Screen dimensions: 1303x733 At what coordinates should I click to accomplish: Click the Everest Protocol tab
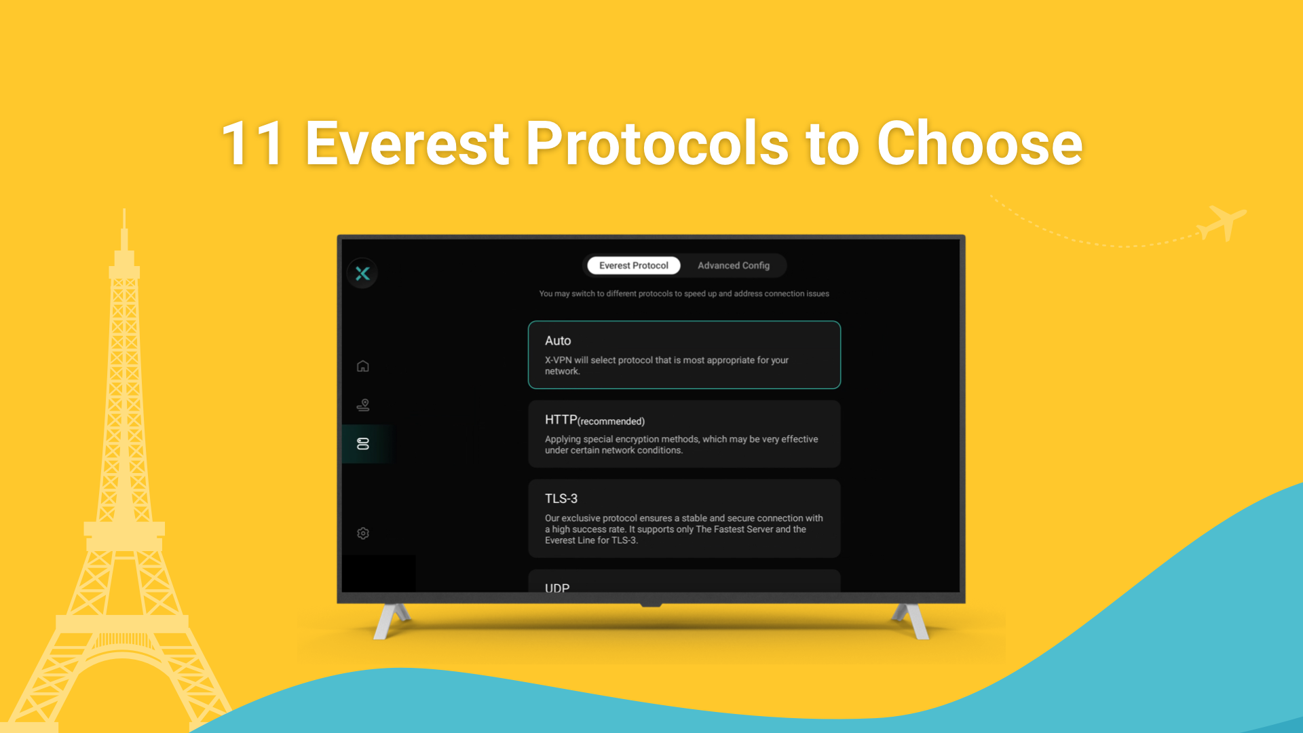(633, 265)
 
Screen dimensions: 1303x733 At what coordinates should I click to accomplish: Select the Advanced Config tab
(734, 265)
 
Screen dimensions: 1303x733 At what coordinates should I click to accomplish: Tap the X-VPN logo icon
(362, 274)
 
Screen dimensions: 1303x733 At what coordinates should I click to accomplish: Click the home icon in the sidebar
(363, 366)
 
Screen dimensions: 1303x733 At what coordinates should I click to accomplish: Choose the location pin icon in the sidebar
(363, 405)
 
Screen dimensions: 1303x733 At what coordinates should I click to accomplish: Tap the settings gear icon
(363, 533)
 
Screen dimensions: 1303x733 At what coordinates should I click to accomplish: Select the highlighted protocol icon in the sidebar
(363, 444)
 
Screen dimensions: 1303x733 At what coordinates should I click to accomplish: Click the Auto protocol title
(558, 341)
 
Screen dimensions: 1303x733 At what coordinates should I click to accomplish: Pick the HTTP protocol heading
(561, 420)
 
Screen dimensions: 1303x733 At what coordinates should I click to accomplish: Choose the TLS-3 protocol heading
(561, 499)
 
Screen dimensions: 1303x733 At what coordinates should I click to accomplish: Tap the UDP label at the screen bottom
(557, 588)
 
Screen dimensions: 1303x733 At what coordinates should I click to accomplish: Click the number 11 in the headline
(252, 143)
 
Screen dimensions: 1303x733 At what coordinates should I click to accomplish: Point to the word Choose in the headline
(979, 143)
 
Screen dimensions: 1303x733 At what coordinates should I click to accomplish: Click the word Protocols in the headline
(657, 143)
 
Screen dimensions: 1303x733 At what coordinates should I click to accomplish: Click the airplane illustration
(1222, 222)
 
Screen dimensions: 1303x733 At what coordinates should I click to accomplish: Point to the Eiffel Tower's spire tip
(124, 210)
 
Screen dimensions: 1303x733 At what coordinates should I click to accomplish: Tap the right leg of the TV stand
(911, 621)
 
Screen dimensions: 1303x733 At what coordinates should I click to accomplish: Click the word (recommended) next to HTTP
(611, 421)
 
